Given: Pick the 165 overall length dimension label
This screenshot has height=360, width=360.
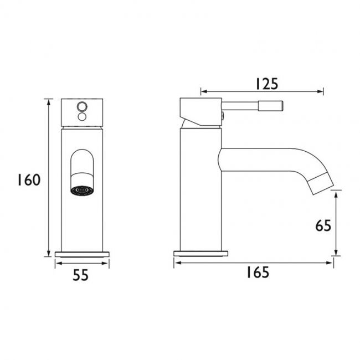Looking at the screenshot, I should click(x=255, y=272).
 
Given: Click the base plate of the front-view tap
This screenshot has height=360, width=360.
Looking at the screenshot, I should click(x=83, y=254).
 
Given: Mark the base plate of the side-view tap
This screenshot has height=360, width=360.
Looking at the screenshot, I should click(x=201, y=254).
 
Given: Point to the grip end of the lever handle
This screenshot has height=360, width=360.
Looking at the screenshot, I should click(x=275, y=105).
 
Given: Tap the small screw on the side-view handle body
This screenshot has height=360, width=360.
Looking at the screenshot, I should click(x=222, y=116).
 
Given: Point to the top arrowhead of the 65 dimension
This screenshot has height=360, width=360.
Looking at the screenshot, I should click(x=336, y=193).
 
